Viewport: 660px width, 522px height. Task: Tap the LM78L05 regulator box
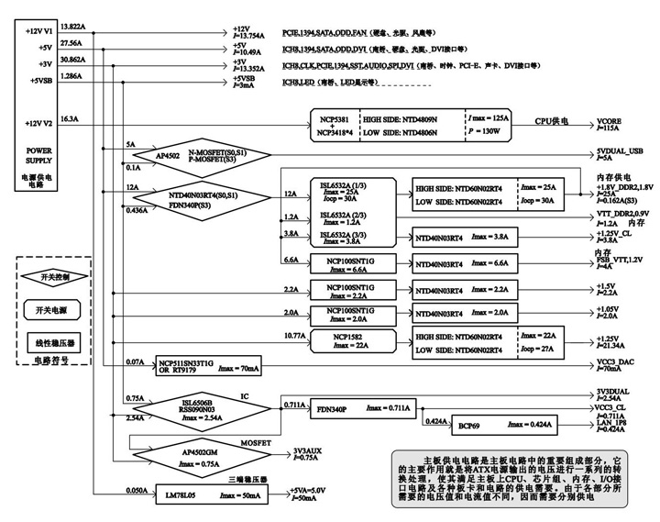coord(209,495)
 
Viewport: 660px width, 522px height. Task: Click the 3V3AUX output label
coord(309,451)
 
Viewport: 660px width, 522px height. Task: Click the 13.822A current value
coord(72,28)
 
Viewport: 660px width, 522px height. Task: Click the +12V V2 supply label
coord(37,124)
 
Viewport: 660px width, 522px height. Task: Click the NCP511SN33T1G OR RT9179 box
coord(208,367)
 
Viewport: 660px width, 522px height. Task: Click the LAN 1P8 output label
coord(613,423)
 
